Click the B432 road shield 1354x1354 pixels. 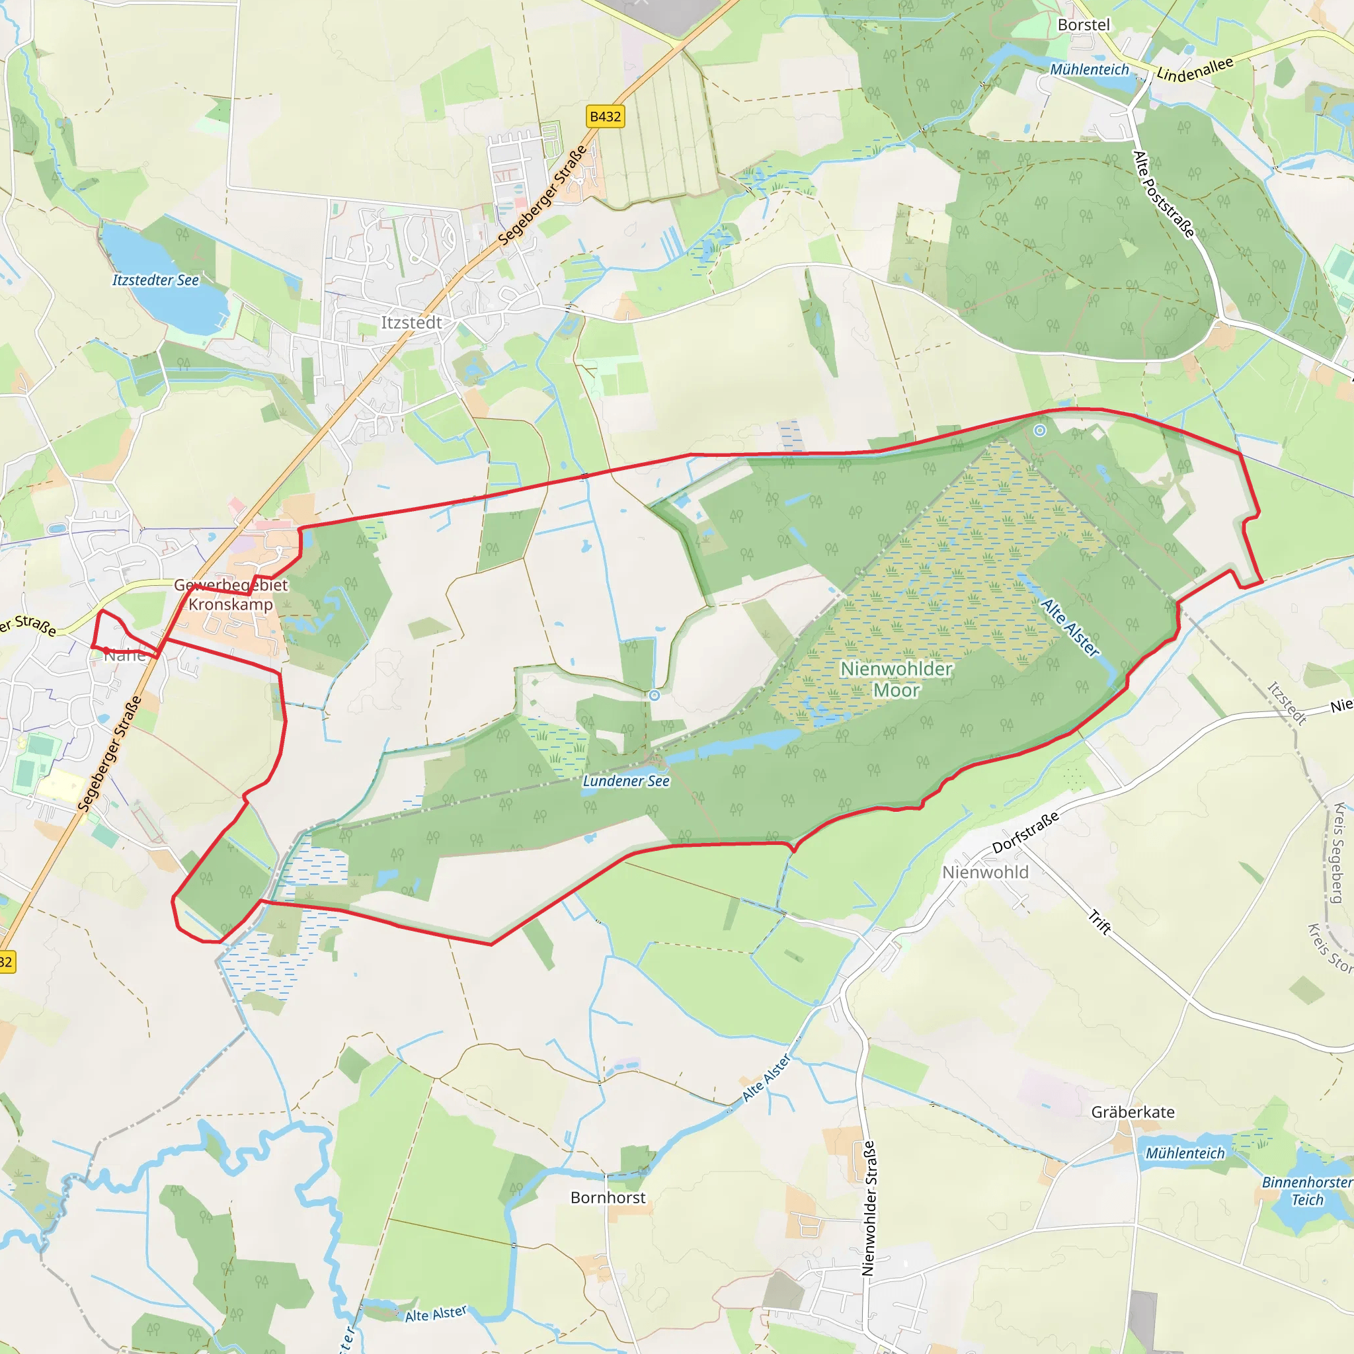click(605, 116)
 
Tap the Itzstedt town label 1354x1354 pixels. click(411, 323)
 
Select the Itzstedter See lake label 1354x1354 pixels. click(155, 280)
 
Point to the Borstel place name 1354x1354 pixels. click(1084, 24)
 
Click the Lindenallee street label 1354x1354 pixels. click(1194, 69)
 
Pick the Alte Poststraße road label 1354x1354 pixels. click(1164, 194)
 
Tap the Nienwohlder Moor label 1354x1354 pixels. click(896, 679)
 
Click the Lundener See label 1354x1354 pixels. click(626, 781)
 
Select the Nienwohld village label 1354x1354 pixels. click(984, 873)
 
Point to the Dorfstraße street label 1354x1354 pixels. click(1025, 832)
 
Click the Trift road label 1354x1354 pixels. click(1099, 922)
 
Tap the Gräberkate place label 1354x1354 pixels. click(1133, 1112)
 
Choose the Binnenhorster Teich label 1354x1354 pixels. click(1307, 1191)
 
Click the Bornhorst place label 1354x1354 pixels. click(608, 1198)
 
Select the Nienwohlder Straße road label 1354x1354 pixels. click(868, 1207)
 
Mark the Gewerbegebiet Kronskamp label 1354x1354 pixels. click(231, 594)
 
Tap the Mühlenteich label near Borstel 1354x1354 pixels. click(1089, 69)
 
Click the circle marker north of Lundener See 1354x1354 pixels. click(654, 696)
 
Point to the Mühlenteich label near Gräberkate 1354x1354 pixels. click(1185, 1154)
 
